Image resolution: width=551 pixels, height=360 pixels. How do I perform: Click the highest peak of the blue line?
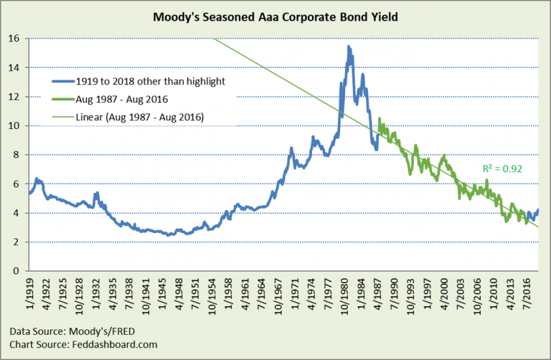point(348,47)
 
